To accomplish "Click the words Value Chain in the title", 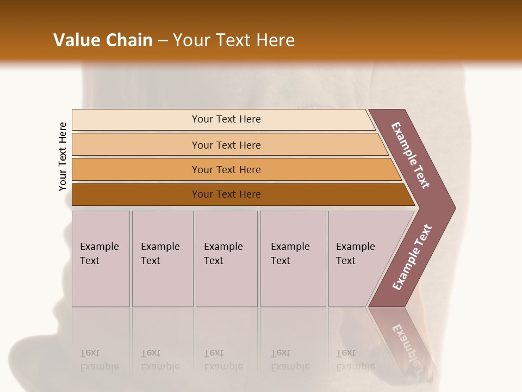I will [x=103, y=40].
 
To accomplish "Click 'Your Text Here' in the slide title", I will [x=234, y=40].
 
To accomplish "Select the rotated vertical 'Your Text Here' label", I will [x=63, y=156].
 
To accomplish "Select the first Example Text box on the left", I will [x=101, y=259].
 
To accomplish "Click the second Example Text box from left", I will [x=163, y=259].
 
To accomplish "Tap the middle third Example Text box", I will [x=226, y=259].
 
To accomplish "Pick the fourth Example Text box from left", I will [x=293, y=259].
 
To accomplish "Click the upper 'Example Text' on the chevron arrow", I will [x=411, y=155].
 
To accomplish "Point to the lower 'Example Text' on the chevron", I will [x=412, y=258].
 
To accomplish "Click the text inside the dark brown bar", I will [x=226, y=194].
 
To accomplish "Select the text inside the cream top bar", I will [x=226, y=119].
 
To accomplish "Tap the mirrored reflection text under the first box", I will [x=99, y=360].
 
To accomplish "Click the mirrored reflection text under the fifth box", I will [x=355, y=360].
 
